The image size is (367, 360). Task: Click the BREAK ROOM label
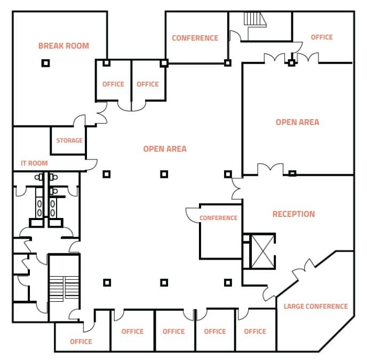pos(63,46)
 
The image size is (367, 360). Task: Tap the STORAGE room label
pos(69,140)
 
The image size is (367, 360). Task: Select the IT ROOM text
pos(34,163)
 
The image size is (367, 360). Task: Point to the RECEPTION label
pos(293,214)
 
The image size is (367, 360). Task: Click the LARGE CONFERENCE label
pos(315,307)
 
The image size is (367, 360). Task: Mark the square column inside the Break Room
pos(46,63)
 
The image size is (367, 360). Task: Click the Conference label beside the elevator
pos(218,218)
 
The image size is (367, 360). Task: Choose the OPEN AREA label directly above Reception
pos(297,122)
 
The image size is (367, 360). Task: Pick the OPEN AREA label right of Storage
pos(165,149)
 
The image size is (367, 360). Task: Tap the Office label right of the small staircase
pos(321,37)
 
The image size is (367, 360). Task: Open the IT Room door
pos(92,165)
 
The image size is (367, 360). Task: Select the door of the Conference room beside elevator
pos(192,214)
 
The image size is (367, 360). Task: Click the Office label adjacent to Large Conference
pos(255,331)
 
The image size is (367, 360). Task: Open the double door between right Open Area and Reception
pos(269,169)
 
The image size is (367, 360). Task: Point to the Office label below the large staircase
pos(81,341)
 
